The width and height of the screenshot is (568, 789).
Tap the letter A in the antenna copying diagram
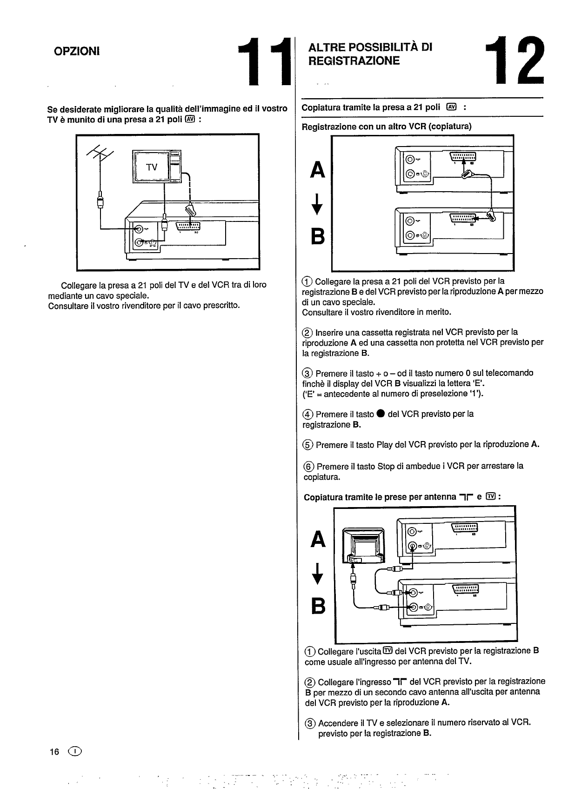click(318, 540)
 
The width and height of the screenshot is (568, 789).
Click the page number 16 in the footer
click(54, 752)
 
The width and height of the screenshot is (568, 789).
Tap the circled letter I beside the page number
click(74, 752)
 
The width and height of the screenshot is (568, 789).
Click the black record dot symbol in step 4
click(381, 414)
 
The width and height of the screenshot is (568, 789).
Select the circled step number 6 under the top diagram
click(308, 467)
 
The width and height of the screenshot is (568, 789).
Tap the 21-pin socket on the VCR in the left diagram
click(187, 227)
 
